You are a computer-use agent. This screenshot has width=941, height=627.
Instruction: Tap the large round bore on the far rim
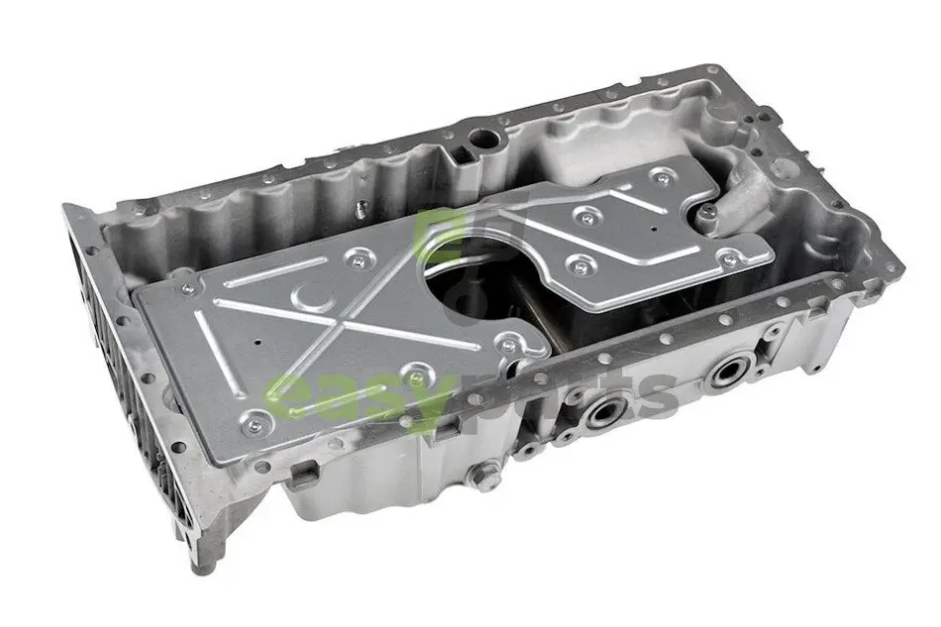[x=484, y=139]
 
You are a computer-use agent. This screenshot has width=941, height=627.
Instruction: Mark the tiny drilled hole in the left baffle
[x=259, y=343]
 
